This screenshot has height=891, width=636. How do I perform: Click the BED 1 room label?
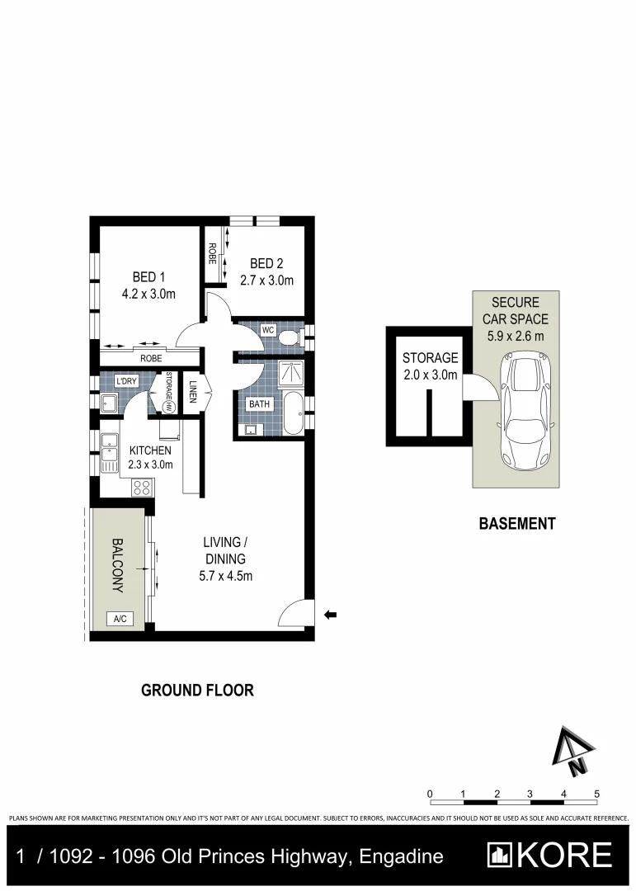149,276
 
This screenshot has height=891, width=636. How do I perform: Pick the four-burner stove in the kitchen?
141,487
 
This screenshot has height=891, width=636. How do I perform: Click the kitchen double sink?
110,455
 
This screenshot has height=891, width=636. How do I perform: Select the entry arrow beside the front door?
331,614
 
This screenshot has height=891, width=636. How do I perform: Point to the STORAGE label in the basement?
430,358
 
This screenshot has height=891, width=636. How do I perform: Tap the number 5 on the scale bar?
596,794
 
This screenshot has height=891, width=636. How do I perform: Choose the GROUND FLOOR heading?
197,691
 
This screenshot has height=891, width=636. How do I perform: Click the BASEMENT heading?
517,523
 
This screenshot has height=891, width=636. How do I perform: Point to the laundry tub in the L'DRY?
108,403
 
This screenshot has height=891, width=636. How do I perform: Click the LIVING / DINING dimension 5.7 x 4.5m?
226,576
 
